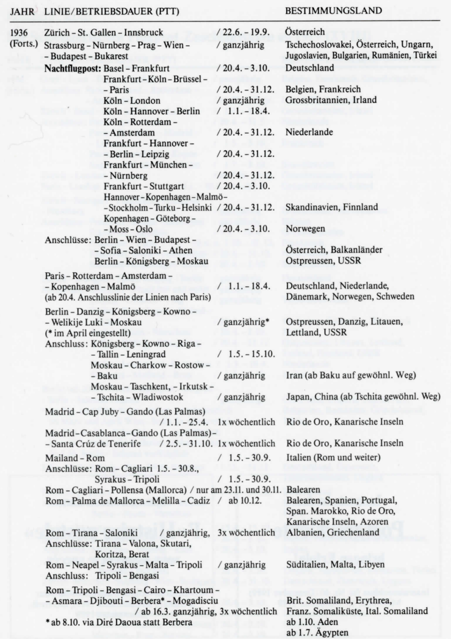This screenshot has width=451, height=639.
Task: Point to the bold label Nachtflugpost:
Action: point(73,68)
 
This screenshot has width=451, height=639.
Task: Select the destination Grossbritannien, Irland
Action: point(330,99)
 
